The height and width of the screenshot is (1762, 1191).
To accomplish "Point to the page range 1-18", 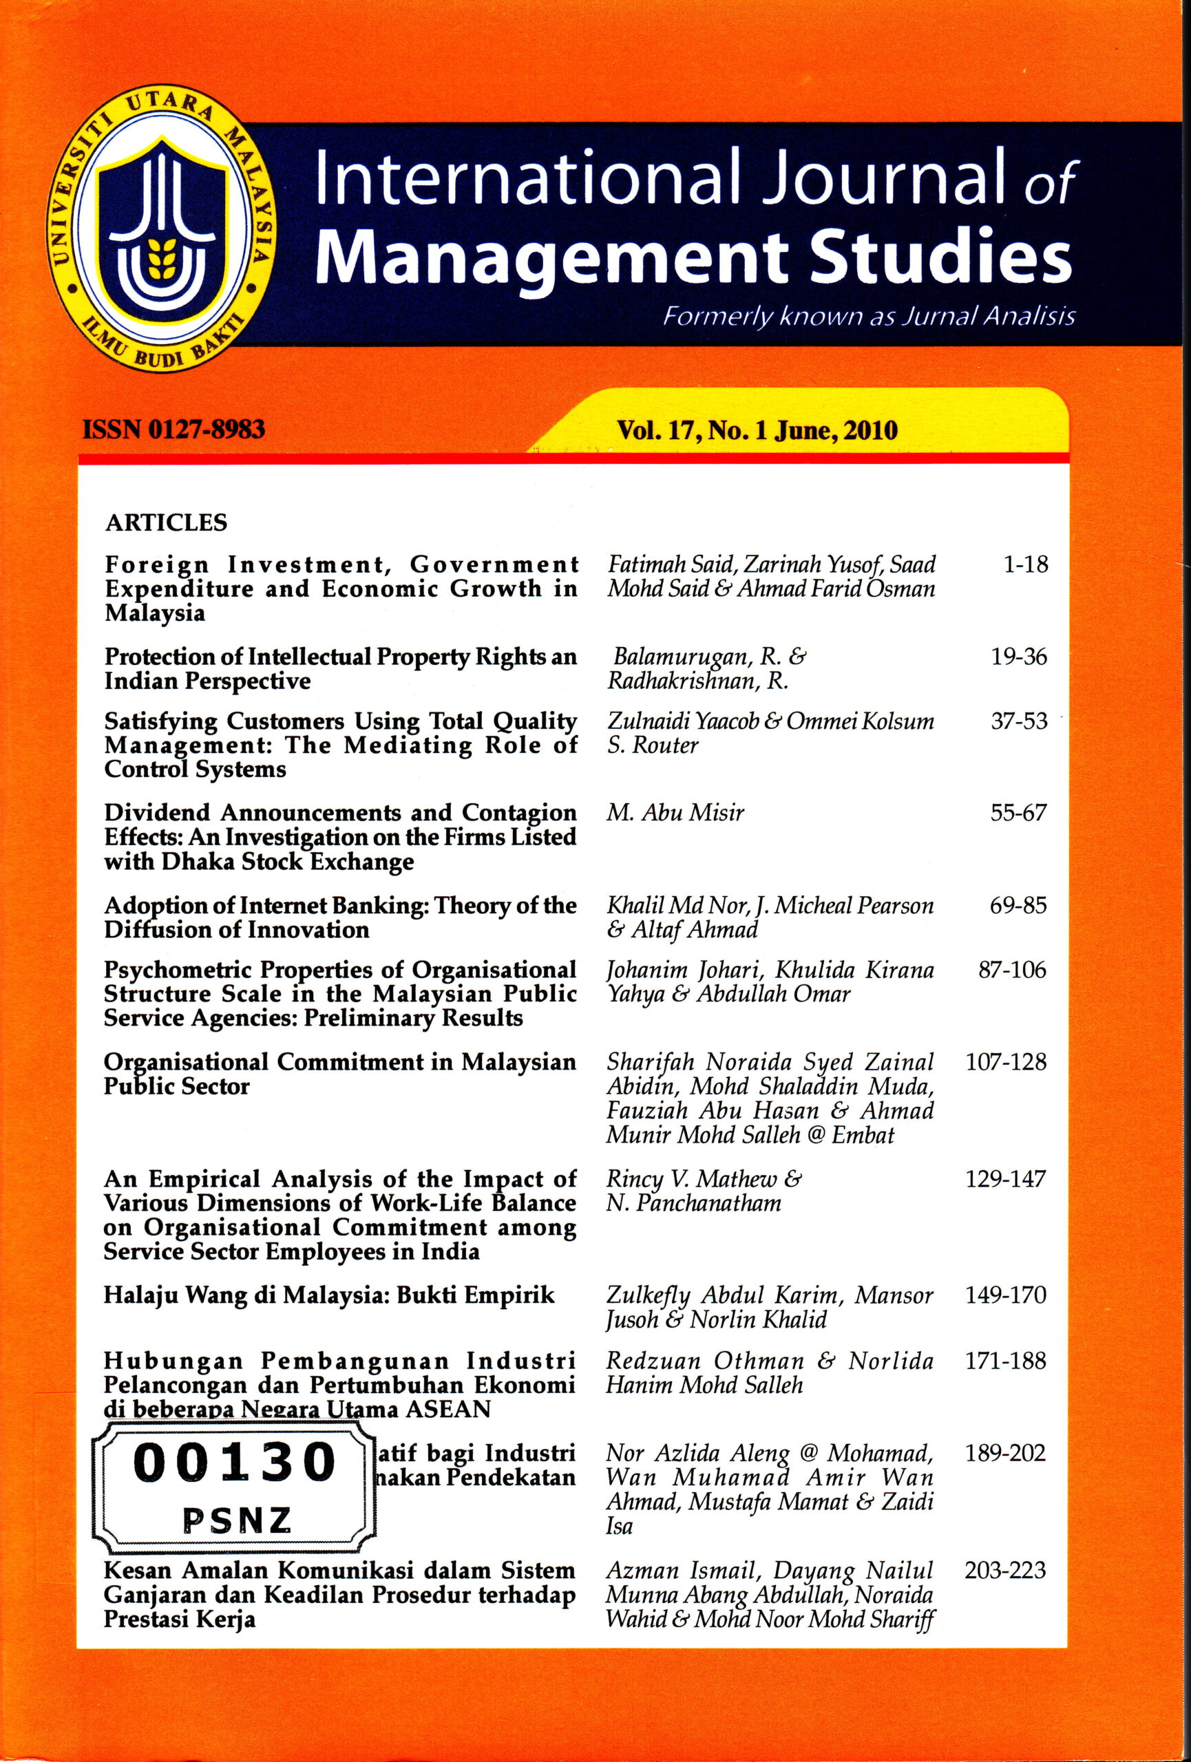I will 1026,565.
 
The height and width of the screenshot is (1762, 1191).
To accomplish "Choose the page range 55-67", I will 1018,813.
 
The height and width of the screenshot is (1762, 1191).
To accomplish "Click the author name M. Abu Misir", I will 675,813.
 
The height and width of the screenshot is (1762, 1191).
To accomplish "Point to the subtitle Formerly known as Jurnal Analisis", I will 869,316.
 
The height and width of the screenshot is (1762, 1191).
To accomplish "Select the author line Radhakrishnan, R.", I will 698,681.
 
